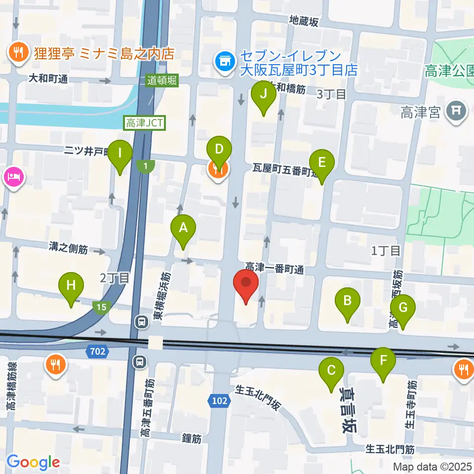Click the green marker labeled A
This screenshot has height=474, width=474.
183,228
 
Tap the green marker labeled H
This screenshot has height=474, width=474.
71,285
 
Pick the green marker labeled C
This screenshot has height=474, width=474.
331,370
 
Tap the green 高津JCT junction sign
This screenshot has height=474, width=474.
145,123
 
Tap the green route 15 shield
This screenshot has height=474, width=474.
101,308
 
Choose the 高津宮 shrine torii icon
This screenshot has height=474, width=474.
456,113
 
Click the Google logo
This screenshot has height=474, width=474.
33,462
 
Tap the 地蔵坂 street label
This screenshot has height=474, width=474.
304,21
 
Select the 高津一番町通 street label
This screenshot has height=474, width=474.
274,270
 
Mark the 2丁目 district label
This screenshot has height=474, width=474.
115,278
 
